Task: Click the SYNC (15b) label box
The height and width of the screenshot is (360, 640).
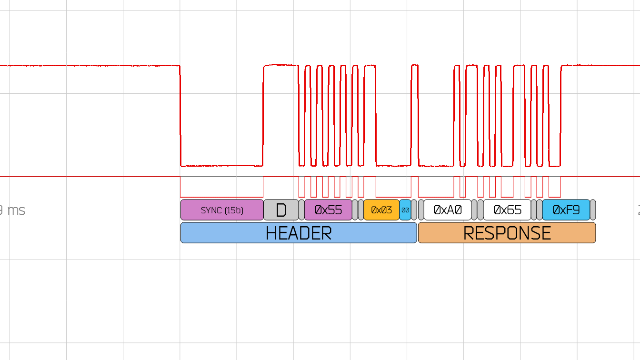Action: coord(222,210)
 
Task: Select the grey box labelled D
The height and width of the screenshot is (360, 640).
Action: coord(281,210)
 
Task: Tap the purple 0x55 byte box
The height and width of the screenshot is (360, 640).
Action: coord(328,210)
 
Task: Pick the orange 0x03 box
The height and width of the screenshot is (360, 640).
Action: coord(381,210)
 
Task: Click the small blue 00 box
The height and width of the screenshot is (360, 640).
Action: coord(405,210)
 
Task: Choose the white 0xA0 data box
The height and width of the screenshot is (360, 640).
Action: coord(448,210)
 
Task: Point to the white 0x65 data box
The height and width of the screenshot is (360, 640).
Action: coord(507,210)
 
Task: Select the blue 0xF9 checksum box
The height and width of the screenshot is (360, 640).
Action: coord(566,210)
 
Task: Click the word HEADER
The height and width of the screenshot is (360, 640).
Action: coord(299,233)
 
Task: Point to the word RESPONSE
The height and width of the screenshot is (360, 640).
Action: coord(507,233)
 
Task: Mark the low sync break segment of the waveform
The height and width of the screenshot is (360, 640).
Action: coord(222,166)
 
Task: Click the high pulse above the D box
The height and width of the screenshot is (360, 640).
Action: coord(281,65)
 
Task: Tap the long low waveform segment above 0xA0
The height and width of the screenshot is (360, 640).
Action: coord(436,166)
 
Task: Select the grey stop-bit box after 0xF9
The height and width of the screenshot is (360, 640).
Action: coord(593,210)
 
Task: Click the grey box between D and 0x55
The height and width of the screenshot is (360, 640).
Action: coord(301,210)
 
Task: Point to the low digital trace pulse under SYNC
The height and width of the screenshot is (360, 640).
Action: coord(222,196)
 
